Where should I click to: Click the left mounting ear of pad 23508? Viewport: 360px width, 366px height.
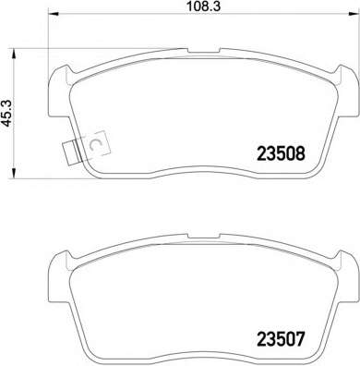click(x=61, y=84)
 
